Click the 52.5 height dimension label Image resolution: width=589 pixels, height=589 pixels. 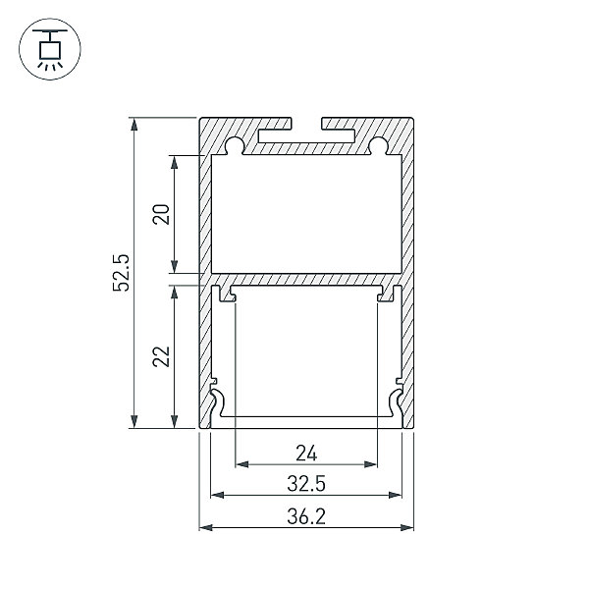point(121,273)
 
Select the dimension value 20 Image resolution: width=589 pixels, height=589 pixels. point(161,214)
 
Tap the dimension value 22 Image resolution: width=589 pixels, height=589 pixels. point(161,356)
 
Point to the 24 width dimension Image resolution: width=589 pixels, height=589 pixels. point(306,453)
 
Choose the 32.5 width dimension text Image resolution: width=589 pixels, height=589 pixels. point(306,483)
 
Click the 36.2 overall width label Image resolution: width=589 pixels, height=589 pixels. point(306,516)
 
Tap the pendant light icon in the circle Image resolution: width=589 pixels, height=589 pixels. point(50,49)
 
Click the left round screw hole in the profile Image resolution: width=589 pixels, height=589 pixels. point(236,145)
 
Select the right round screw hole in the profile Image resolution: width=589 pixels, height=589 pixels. point(378,145)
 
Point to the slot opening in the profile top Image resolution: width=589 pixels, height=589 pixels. point(306,124)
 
